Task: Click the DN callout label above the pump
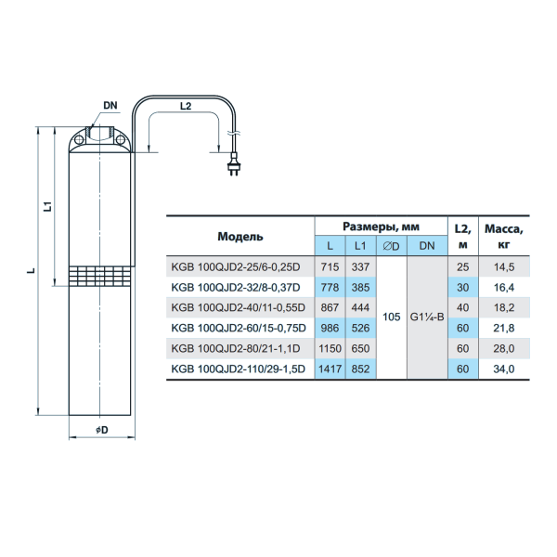click(110, 106)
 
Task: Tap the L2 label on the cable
click(186, 106)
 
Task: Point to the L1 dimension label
click(47, 206)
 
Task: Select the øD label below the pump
click(102, 430)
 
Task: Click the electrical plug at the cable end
click(233, 164)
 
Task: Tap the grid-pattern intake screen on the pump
click(99, 276)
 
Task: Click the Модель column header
click(240, 237)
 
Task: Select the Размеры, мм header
click(381, 227)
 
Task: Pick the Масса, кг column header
click(504, 237)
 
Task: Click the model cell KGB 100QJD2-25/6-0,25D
click(236, 267)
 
